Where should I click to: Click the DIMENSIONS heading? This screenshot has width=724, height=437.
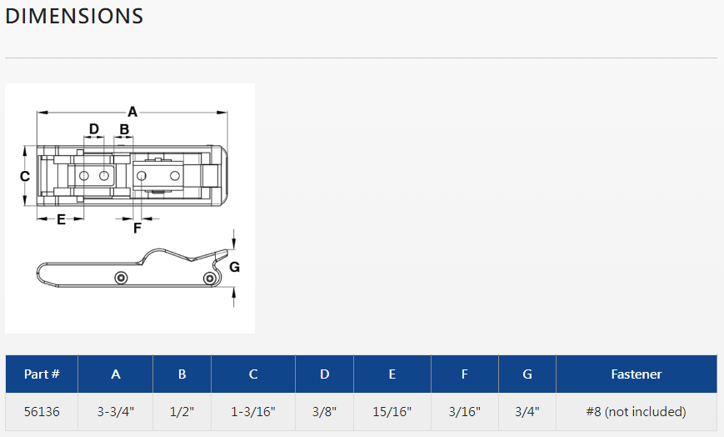[74, 16]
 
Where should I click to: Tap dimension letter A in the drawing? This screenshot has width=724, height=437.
[132, 112]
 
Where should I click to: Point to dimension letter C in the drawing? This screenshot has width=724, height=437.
[25, 176]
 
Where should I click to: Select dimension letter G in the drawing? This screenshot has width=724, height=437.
[235, 267]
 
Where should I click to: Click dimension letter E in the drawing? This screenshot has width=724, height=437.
[61, 219]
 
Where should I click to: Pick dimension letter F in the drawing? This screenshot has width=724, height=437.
[137, 229]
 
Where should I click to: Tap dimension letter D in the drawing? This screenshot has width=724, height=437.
[94, 129]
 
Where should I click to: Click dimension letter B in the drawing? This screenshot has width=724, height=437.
[124, 129]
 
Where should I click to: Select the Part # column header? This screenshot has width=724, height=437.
[42, 374]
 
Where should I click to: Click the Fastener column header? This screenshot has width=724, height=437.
[637, 374]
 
